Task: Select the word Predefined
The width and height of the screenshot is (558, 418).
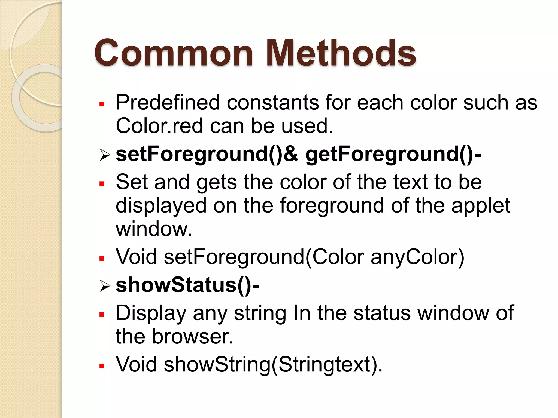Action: (x=168, y=103)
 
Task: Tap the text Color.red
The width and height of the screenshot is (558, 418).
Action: (x=159, y=126)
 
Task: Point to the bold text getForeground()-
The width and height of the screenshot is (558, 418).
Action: (x=393, y=154)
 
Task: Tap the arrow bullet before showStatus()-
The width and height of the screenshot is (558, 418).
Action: (x=105, y=286)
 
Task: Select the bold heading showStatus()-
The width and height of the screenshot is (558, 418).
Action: (x=187, y=285)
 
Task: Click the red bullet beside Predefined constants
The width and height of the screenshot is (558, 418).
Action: (x=102, y=104)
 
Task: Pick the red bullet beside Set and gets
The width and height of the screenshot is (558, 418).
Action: (x=102, y=184)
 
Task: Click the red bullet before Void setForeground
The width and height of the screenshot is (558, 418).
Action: (x=102, y=258)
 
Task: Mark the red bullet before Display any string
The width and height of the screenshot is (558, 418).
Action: (x=102, y=315)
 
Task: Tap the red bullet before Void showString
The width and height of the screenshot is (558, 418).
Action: (x=102, y=366)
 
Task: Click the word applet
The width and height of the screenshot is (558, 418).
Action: (x=481, y=206)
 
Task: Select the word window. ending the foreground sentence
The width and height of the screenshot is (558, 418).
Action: (x=154, y=229)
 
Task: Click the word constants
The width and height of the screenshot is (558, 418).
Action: (x=273, y=103)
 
